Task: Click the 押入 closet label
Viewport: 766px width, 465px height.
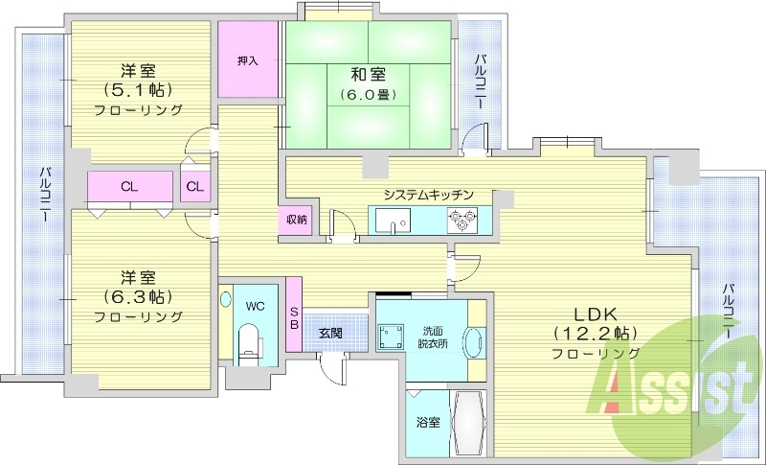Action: click(x=247, y=60)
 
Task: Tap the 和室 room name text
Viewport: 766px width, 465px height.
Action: click(x=342, y=72)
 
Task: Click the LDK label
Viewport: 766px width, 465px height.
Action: click(x=598, y=314)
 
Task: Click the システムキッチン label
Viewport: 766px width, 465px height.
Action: click(x=428, y=195)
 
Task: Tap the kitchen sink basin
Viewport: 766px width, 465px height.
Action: click(x=393, y=223)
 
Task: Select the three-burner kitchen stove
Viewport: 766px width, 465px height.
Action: click(x=462, y=222)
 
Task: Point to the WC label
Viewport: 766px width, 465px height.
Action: click(x=255, y=307)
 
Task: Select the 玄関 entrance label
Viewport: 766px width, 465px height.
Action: click(x=330, y=334)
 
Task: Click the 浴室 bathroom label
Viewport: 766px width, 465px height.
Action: click(x=427, y=422)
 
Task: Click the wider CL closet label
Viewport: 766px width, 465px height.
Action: click(x=127, y=186)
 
